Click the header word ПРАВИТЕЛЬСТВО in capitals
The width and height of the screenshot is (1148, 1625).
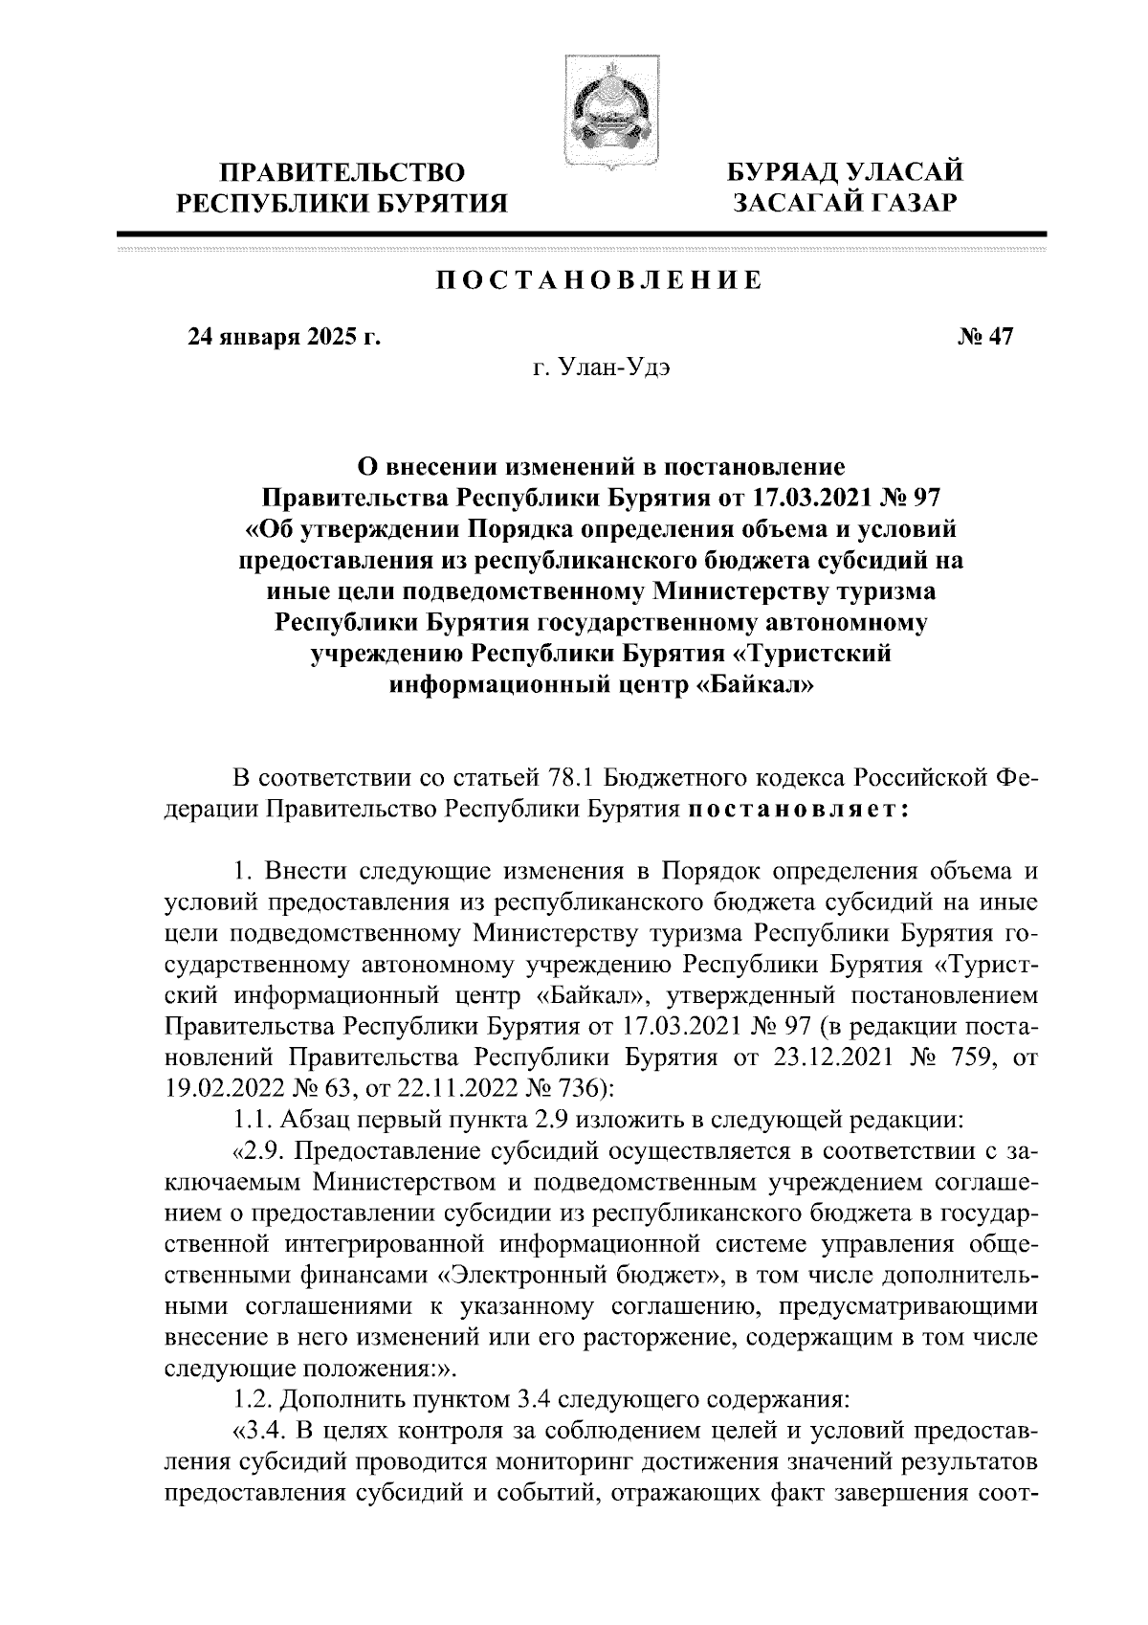[342, 173]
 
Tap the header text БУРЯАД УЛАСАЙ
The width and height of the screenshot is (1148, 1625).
[842, 173]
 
